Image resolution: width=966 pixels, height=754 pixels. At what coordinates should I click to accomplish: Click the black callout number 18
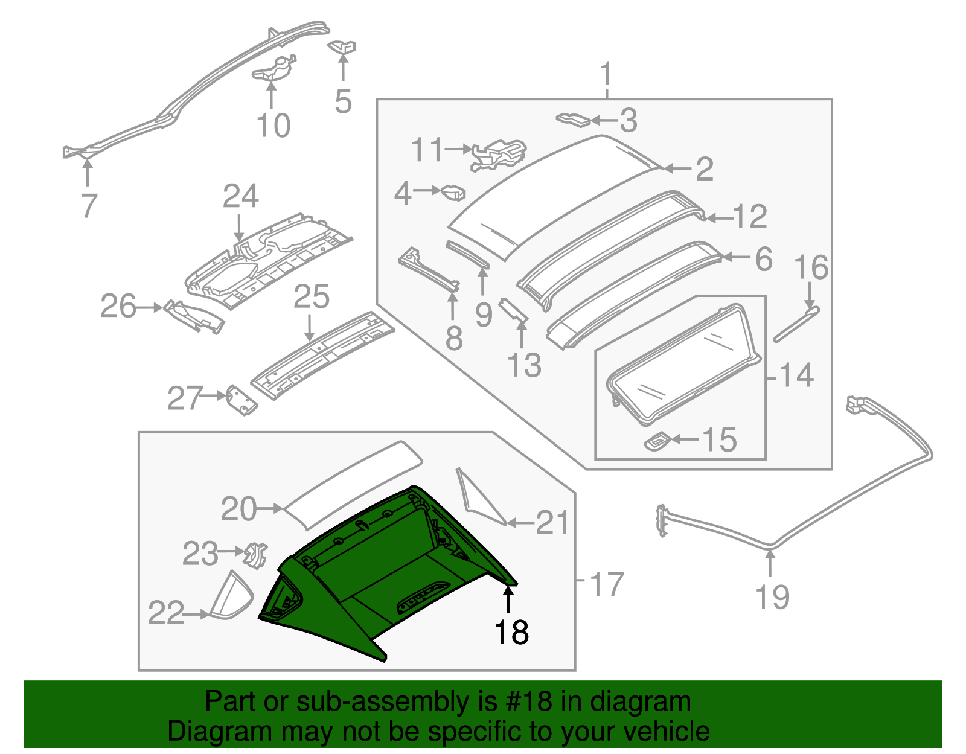(x=511, y=632)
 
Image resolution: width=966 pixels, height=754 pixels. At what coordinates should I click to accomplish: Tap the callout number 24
(x=240, y=197)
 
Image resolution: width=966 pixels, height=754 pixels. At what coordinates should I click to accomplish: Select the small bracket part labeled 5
(x=342, y=46)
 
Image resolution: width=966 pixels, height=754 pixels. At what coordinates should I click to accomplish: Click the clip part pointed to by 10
(x=273, y=68)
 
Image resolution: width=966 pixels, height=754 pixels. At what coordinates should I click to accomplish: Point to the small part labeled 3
(x=572, y=118)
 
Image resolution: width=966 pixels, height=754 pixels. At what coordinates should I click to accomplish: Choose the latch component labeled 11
(x=499, y=154)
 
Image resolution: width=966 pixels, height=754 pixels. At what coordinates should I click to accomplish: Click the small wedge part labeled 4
(x=454, y=193)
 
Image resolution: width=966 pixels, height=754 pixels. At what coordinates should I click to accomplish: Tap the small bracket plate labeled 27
(x=241, y=401)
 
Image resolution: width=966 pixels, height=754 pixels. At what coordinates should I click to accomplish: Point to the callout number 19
(x=772, y=596)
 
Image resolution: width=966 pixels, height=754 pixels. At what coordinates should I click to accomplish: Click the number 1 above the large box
(x=606, y=75)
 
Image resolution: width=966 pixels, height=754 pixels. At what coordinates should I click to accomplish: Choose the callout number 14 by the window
(x=796, y=375)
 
